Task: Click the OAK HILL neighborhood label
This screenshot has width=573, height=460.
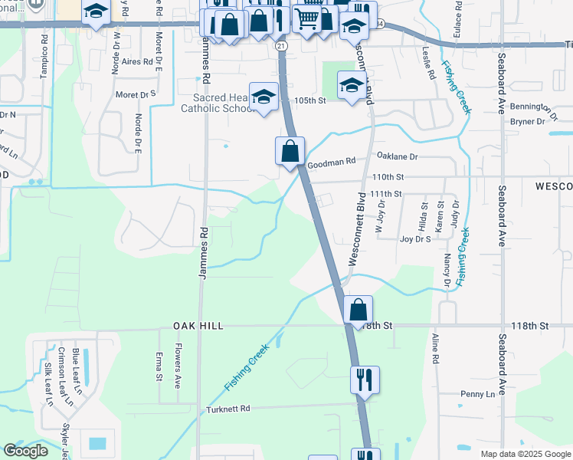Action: click(192, 326)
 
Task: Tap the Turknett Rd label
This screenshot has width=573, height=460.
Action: click(228, 409)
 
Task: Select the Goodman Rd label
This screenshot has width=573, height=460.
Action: click(332, 163)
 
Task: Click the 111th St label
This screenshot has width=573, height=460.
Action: click(386, 195)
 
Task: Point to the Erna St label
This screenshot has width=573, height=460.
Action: click(159, 366)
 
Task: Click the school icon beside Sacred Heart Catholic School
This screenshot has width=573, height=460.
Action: click(264, 97)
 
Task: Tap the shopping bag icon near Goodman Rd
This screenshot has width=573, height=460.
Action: click(290, 150)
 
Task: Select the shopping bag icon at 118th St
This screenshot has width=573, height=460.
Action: click(358, 310)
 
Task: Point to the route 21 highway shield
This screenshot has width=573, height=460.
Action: click(282, 47)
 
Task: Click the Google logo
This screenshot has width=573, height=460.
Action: click(26, 451)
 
